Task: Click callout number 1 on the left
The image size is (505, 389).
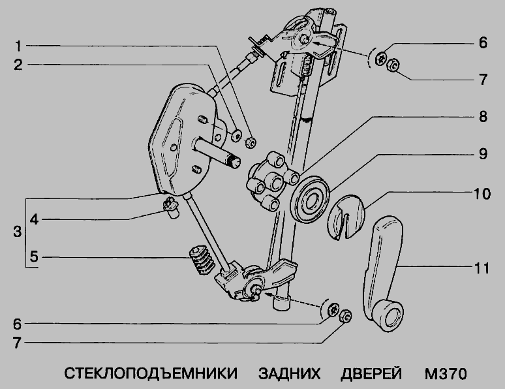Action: (20, 46)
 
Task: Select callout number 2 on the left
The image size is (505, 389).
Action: (20, 65)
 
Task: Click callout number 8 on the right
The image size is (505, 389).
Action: (482, 117)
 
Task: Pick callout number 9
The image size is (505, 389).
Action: (482, 155)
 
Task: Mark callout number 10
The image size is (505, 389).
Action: (482, 194)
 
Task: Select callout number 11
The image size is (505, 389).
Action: (482, 267)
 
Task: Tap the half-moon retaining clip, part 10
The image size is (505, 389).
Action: (345, 216)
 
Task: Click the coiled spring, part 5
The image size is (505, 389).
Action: (200, 261)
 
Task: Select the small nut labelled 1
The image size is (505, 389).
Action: (250, 141)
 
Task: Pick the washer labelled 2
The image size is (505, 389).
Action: (235, 136)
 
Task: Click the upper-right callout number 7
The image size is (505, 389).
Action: (482, 80)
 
